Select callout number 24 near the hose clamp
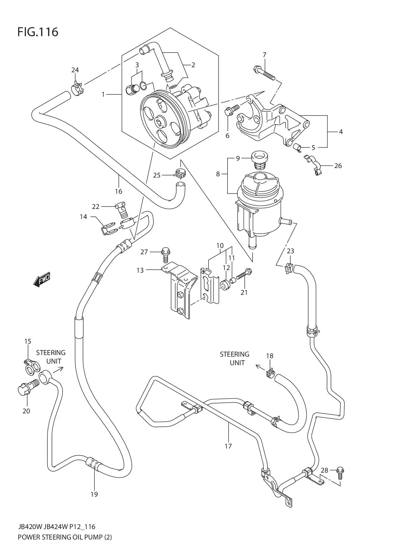pyautogui.click(x=75, y=70)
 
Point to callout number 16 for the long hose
pyautogui.click(x=119, y=191)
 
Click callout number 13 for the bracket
pyautogui.click(x=140, y=270)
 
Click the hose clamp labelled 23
pyautogui.click(x=289, y=268)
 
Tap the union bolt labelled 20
pyautogui.click(x=28, y=388)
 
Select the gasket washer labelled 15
pyautogui.click(x=32, y=366)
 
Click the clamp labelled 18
pyautogui.click(x=270, y=373)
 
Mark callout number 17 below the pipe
pyautogui.click(x=228, y=446)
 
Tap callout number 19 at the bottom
pyautogui.click(x=94, y=494)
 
